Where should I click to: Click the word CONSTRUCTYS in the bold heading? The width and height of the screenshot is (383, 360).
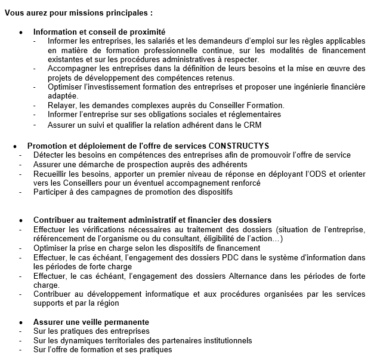239,145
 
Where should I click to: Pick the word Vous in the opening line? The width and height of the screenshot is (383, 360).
15,12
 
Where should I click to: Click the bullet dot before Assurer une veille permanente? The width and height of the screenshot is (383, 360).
21,322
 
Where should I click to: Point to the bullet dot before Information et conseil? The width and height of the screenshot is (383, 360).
21,32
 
